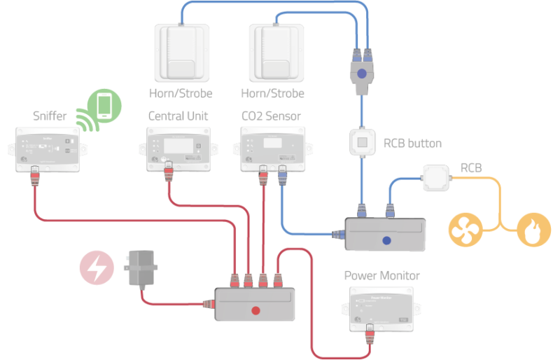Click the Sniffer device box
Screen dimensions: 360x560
pos(50,149)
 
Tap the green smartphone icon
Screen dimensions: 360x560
pos(105,105)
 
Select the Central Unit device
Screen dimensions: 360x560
pos(178,149)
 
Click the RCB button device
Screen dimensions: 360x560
pos(363,144)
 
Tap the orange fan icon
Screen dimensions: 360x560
pos(465,229)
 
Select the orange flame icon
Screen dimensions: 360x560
pos(533,229)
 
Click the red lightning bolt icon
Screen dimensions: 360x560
pos(97,268)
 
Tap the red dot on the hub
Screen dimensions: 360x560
pos(255,310)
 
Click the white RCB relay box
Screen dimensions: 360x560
pos(437,178)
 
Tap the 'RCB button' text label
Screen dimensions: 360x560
pos(412,144)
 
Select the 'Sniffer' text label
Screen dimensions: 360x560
pos(50,116)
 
